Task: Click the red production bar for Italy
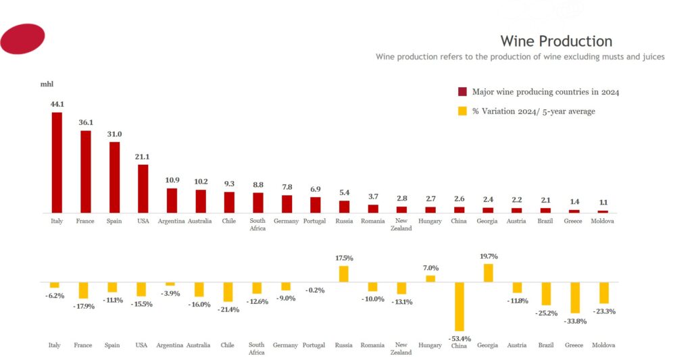(57, 162)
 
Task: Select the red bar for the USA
(143, 188)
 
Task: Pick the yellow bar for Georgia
(488, 273)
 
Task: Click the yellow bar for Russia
(344, 274)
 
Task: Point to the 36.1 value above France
(85, 123)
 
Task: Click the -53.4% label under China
(460, 338)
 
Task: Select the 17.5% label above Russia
(344, 258)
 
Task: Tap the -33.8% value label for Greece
(575, 321)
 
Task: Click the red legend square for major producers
(462, 92)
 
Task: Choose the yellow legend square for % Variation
(462, 111)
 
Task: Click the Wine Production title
(556, 41)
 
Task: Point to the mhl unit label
(47, 84)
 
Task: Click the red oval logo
(22, 38)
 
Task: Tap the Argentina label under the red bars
(171, 222)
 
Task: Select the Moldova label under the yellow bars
(603, 345)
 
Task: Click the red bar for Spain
(114, 177)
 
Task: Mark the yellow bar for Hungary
(430, 278)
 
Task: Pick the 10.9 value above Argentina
(172, 180)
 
